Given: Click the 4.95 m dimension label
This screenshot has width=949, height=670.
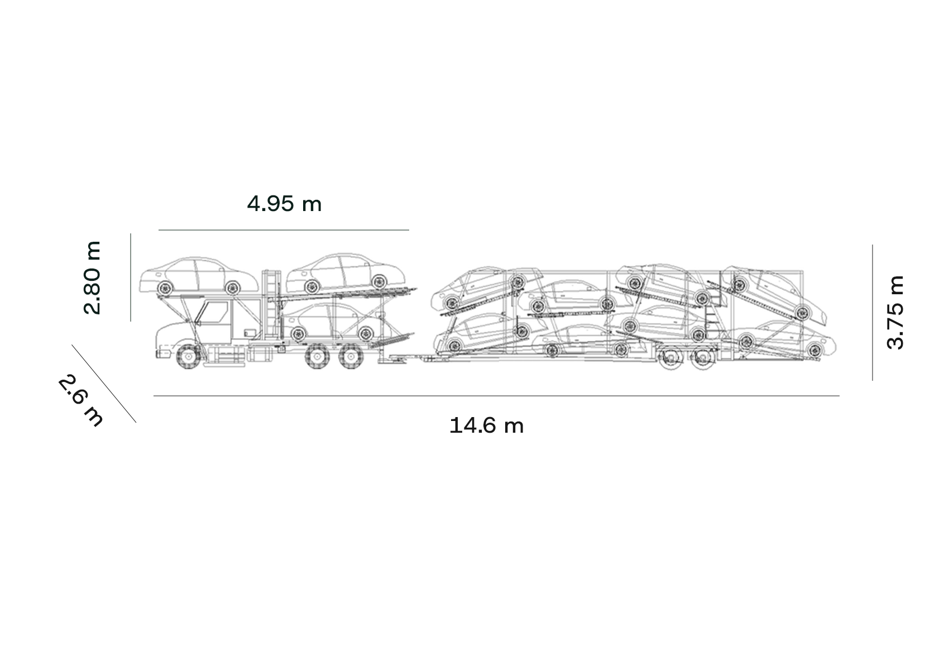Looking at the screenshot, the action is [284, 204].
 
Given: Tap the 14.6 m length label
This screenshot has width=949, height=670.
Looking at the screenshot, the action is [486, 425].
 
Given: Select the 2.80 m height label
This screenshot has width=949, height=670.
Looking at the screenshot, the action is [93, 277].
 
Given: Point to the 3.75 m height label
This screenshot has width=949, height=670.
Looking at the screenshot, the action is [895, 312].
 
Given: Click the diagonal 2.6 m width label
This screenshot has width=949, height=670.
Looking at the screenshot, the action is [80, 401].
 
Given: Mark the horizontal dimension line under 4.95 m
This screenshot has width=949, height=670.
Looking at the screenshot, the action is [284, 230].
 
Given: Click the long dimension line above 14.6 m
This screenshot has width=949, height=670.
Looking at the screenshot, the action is [496, 396].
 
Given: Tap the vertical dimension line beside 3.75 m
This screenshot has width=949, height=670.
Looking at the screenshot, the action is [873, 312].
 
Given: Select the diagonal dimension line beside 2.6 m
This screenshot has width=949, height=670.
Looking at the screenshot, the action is [104, 384].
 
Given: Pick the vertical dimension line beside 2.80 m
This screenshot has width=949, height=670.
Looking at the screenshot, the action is [131, 277].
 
